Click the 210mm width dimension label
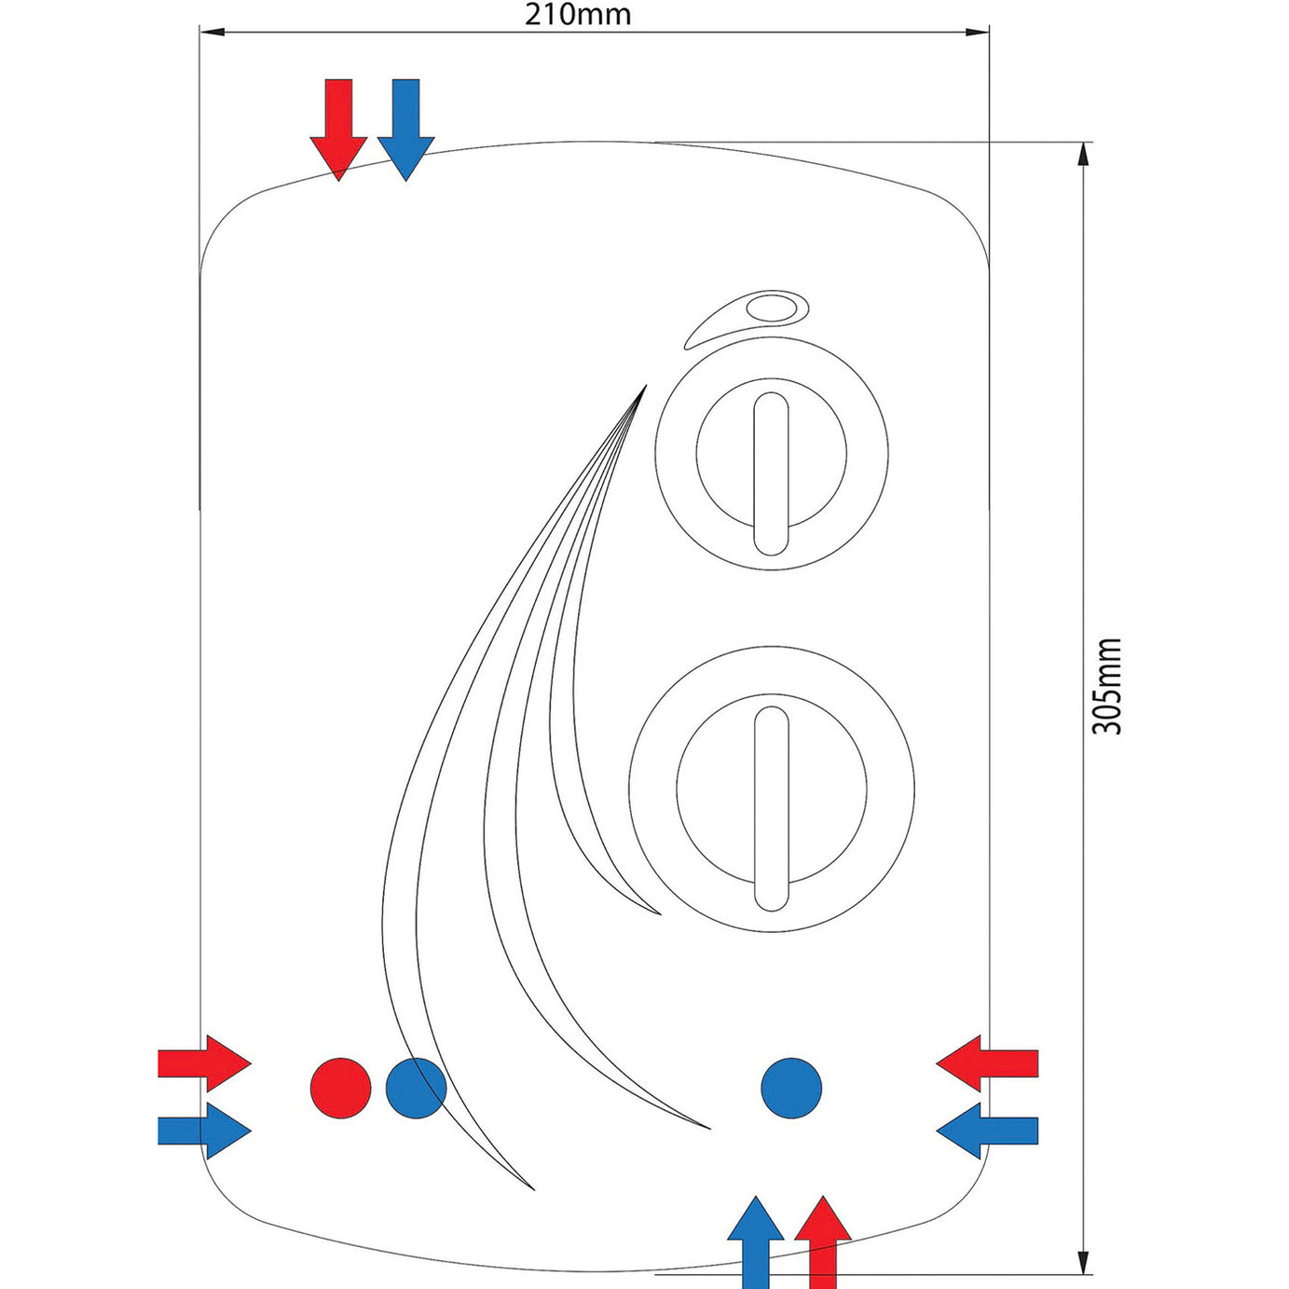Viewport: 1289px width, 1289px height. tap(577, 15)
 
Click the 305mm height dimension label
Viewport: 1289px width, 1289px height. tap(1106, 687)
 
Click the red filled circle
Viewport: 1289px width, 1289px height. tap(340, 1088)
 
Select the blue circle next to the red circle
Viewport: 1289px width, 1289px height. tap(416, 1088)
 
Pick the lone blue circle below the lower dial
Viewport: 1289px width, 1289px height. tap(791, 1088)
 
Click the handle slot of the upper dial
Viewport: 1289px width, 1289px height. tap(771, 473)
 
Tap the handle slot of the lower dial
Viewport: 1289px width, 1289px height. tap(771, 808)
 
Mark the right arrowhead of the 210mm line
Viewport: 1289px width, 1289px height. tap(977, 33)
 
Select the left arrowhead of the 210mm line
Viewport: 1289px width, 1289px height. tap(213, 33)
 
